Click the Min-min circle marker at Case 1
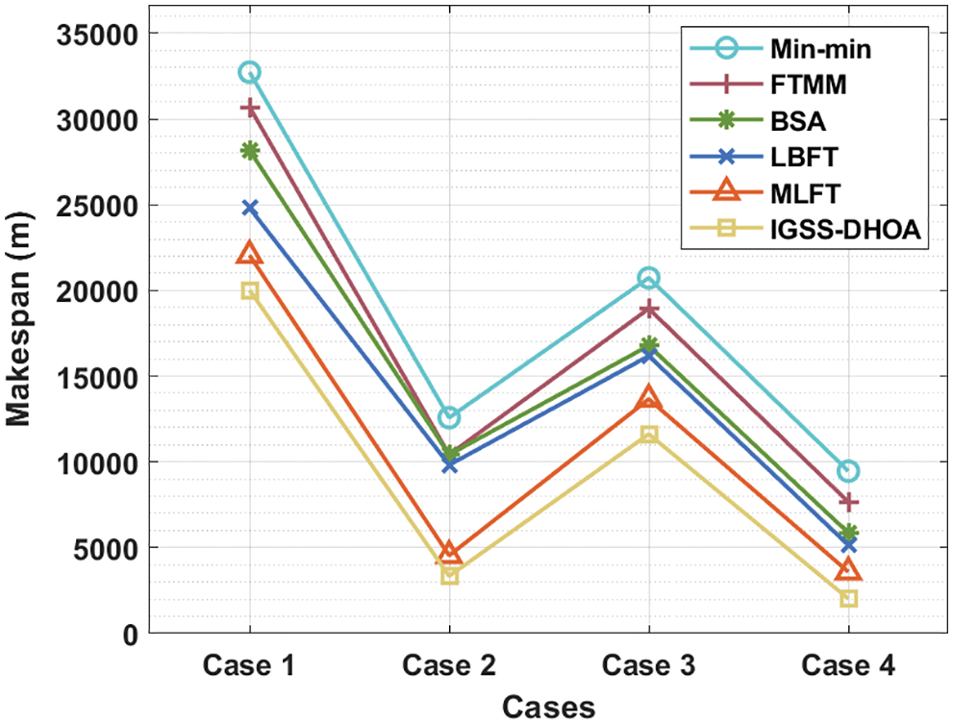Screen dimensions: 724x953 (x=250, y=72)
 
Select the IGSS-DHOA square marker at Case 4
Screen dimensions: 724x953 (x=848, y=599)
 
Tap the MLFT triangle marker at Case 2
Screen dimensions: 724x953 (x=450, y=553)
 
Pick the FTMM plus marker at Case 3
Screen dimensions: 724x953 (x=649, y=309)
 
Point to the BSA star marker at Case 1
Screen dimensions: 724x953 (x=250, y=151)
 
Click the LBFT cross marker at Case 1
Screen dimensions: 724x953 (x=250, y=207)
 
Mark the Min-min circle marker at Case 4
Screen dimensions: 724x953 (x=848, y=471)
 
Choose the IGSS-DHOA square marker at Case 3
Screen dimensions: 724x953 (x=649, y=435)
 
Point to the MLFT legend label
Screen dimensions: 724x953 (x=805, y=193)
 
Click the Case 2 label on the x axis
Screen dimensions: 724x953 (x=450, y=665)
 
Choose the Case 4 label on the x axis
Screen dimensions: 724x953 (x=848, y=665)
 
